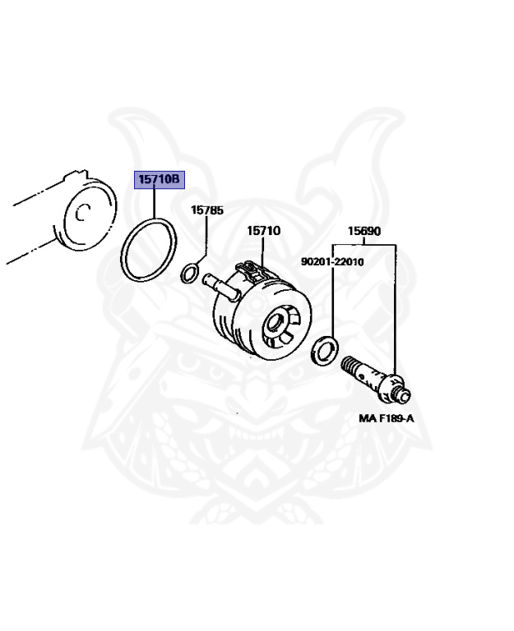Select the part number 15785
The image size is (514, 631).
coord(207,210)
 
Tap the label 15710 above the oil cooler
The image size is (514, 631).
coord(263,231)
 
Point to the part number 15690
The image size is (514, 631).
coord(364,232)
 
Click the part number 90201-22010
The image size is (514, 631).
coord(332,262)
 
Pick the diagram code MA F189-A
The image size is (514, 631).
coord(386,418)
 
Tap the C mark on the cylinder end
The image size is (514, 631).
coord(81,214)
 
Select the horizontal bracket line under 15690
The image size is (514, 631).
coord(364,244)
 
